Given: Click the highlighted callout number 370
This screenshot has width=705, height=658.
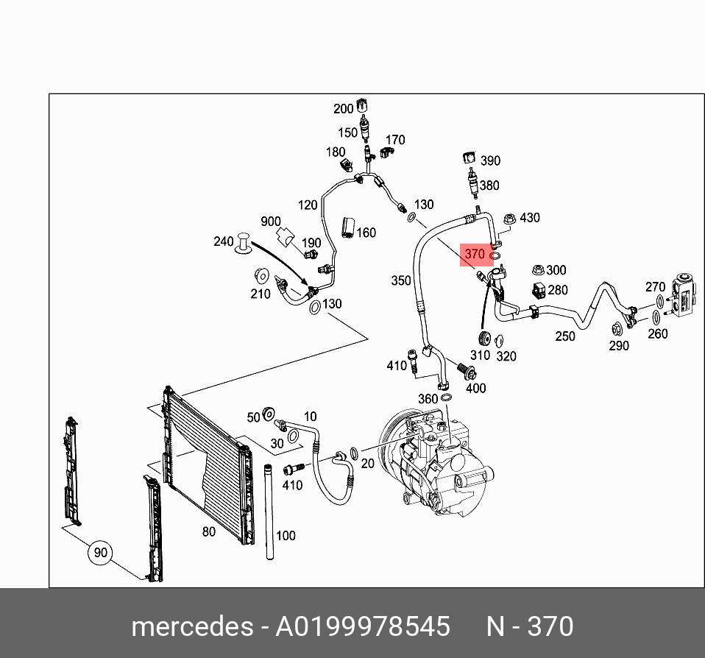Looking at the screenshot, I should [x=475, y=255].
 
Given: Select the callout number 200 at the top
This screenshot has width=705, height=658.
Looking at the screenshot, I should [x=344, y=109].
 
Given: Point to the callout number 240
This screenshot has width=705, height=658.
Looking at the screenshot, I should [x=223, y=241].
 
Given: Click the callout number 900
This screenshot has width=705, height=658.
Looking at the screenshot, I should [x=271, y=222].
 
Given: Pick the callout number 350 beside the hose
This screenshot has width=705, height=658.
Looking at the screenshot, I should [x=401, y=280].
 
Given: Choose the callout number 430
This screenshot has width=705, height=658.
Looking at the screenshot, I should [x=530, y=218].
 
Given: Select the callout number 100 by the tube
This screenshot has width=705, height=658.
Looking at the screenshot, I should [x=286, y=535].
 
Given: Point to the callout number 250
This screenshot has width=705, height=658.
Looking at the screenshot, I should [x=565, y=336].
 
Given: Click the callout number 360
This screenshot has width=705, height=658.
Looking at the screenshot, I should [x=428, y=398].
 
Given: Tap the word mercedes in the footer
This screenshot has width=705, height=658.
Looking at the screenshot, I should [x=191, y=626].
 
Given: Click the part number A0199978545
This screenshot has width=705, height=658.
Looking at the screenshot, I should [x=363, y=626].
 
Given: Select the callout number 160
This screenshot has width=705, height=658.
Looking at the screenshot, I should [x=366, y=233].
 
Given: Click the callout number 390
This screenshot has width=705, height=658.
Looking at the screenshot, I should [x=490, y=161].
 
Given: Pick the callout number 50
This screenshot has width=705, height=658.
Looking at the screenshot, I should [x=254, y=417].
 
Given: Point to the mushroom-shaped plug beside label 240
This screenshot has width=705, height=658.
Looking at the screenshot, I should [x=244, y=244].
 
